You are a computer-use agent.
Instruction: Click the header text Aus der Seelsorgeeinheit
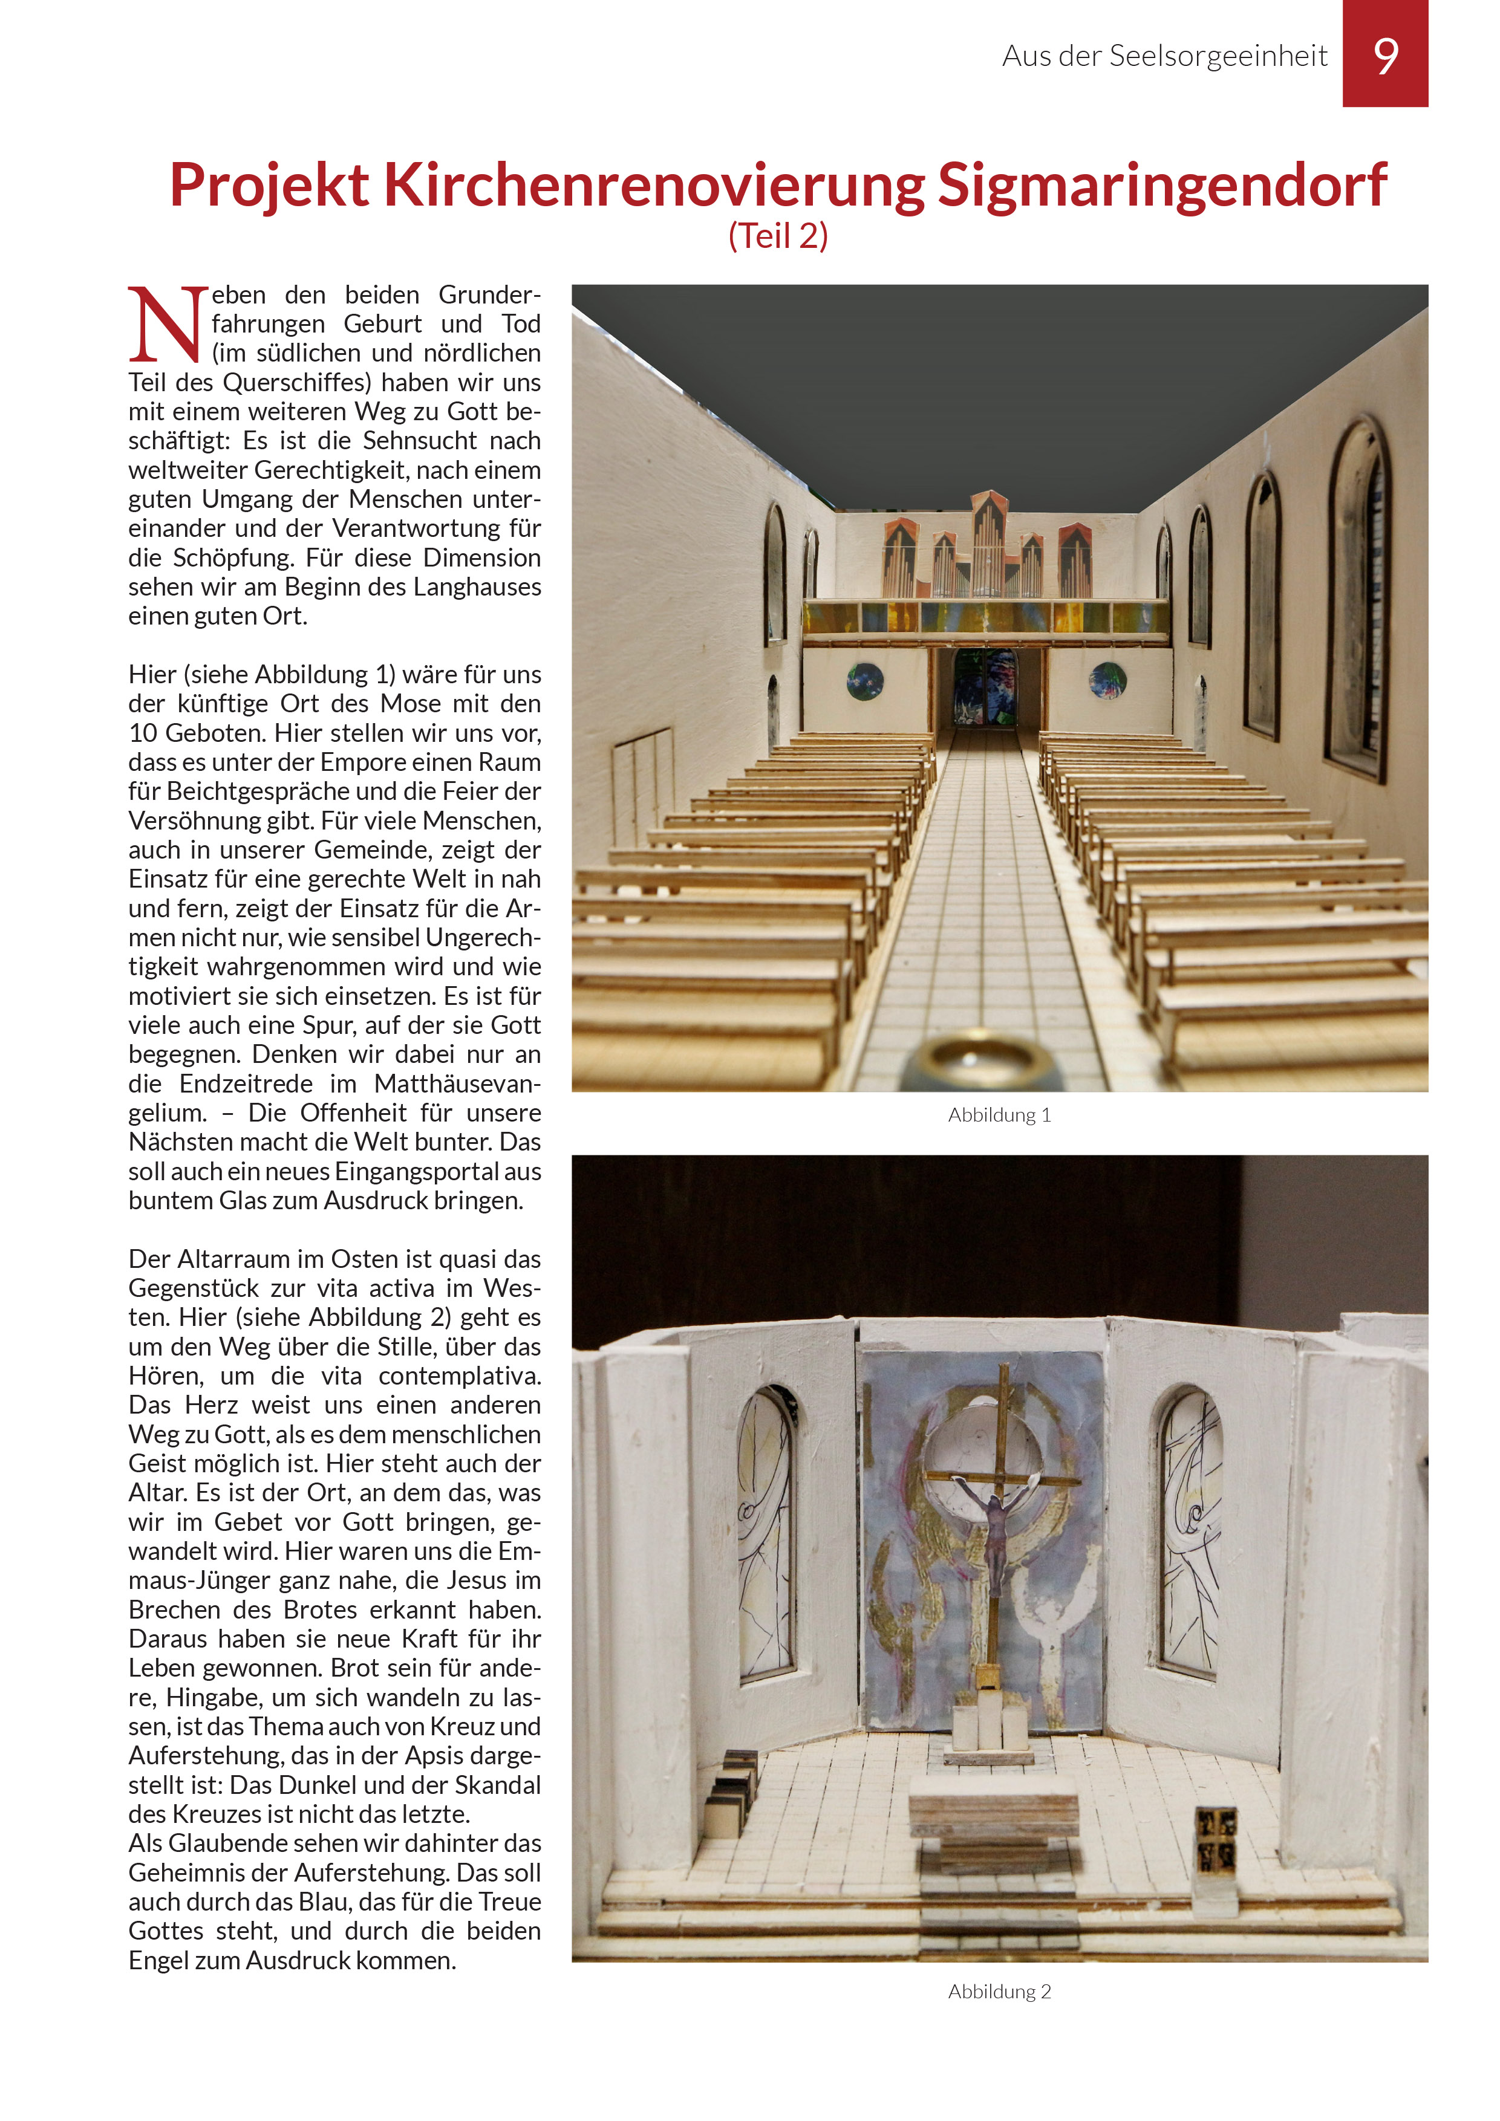1164,56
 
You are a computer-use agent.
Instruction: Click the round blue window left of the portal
865,682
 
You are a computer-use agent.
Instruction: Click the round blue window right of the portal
1107,680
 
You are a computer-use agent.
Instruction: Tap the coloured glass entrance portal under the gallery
987,687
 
